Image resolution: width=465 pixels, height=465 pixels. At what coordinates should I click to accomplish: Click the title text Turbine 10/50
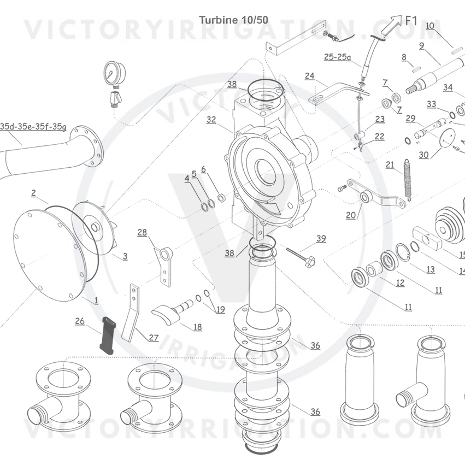point(233,20)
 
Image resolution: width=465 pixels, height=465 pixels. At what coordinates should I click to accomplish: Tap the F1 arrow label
point(411,21)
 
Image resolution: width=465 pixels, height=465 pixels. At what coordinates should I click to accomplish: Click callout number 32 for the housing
point(211,119)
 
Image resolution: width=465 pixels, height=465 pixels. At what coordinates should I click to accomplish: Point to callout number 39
point(321,238)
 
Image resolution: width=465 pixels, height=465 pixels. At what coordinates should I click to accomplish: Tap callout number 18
point(197,327)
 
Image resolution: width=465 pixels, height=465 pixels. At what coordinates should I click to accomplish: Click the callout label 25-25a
point(338,56)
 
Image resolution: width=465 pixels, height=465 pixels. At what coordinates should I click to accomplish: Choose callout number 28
point(142,233)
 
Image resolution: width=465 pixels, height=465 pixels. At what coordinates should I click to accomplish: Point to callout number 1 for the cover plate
point(96,300)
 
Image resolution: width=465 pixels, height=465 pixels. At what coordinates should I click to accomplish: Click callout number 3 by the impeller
point(125,256)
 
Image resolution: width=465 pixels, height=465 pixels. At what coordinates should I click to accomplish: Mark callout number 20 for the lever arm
point(351,215)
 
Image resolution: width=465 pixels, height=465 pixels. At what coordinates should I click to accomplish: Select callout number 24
point(309,76)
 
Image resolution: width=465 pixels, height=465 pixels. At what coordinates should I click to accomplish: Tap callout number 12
point(400,282)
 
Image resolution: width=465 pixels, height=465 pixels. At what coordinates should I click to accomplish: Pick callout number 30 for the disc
point(423,155)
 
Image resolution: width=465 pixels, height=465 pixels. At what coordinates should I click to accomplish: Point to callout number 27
point(154,338)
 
